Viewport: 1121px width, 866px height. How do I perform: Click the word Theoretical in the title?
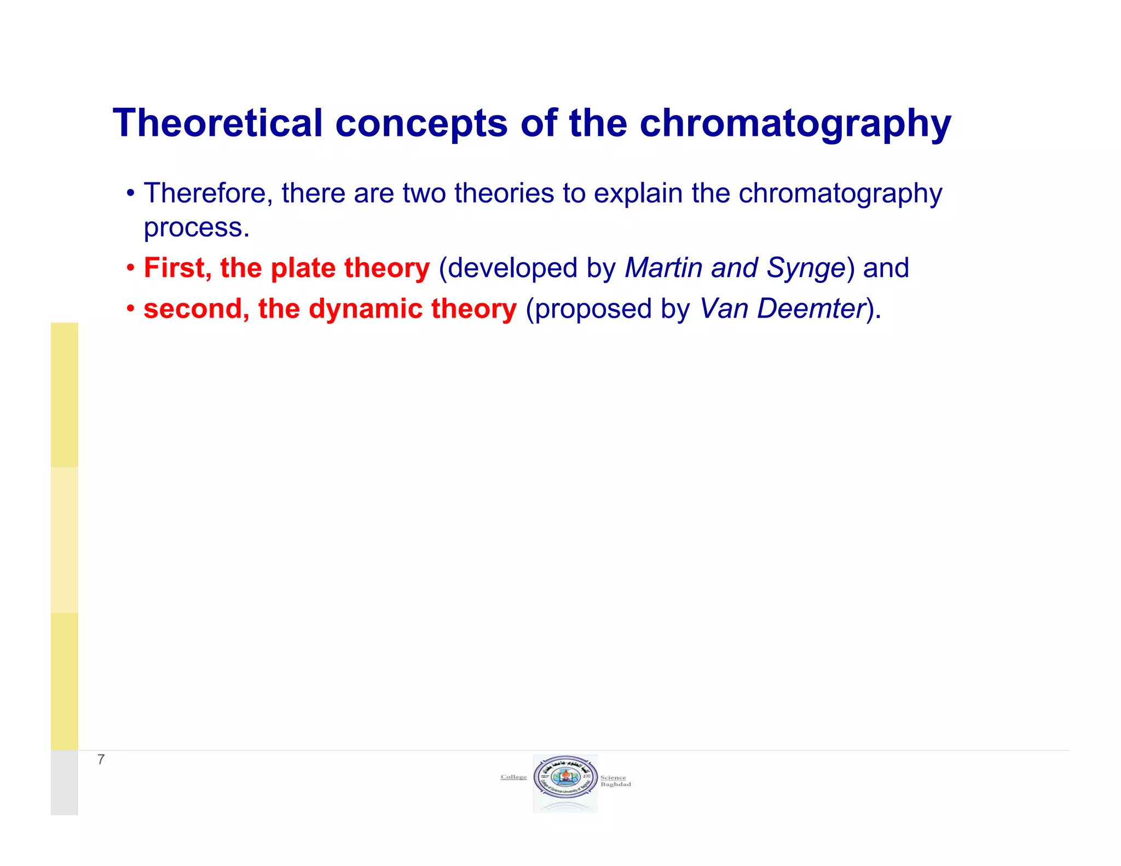click(217, 123)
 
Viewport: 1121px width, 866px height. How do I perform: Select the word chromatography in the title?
click(795, 124)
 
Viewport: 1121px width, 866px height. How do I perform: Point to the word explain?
click(638, 194)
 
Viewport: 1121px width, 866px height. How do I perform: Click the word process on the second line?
click(196, 228)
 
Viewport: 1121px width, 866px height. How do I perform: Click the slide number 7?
click(101, 759)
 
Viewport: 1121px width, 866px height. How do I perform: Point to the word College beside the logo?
click(513, 777)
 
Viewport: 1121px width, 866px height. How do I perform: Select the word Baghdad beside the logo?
click(615, 784)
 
